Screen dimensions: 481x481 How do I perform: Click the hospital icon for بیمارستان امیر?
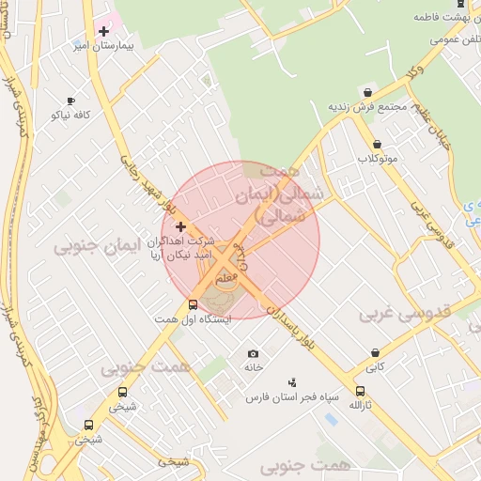(104, 31)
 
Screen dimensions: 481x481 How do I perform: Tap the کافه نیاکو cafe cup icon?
(70, 101)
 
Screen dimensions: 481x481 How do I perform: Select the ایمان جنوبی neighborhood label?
(96, 247)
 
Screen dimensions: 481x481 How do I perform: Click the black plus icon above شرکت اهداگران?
(180, 226)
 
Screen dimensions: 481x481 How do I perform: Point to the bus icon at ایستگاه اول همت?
(193, 304)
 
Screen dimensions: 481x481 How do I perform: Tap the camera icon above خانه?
(253, 354)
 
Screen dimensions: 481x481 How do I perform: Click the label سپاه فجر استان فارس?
(284, 397)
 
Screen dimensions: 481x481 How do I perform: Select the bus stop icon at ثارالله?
(360, 392)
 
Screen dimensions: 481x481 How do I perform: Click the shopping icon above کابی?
(375, 354)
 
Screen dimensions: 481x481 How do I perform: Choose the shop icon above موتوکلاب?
(378, 145)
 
